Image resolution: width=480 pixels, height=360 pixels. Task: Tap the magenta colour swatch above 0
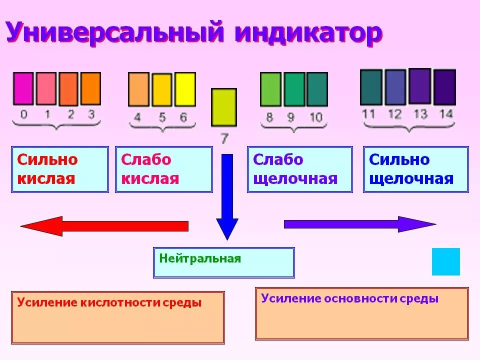tap(22, 89)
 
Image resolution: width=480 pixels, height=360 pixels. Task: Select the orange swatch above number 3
tap(90, 89)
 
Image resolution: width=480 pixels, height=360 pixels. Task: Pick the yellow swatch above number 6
tap(184, 89)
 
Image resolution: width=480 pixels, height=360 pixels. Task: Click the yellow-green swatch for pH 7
tap(223, 107)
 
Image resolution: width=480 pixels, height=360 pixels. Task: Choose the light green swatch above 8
tap(270, 89)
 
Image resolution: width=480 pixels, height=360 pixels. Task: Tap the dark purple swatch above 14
tap(444, 87)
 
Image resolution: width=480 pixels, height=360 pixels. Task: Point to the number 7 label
tap(224, 138)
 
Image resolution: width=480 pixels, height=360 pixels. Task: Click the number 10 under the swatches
tap(315, 118)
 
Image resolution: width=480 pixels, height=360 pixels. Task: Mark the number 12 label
tap(395, 114)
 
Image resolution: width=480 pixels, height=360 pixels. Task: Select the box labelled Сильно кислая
tap(60, 169)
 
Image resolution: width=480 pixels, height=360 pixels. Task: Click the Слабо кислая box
tap(163, 169)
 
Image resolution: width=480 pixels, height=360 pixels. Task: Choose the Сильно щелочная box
tap(416, 169)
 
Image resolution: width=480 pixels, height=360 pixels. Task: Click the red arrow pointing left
tap(105, 226)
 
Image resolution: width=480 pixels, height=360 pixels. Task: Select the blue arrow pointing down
tap(227, 195)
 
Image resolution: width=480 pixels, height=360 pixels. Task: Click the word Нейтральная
tap(200, 259)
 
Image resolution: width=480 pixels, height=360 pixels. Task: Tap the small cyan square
tap(445, 261)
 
